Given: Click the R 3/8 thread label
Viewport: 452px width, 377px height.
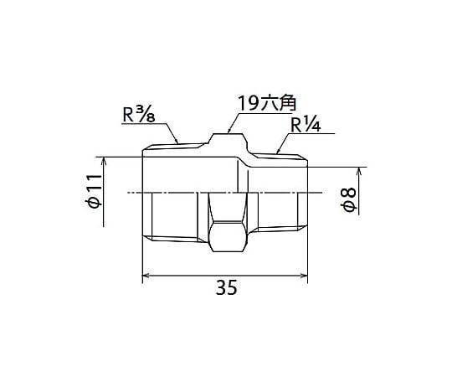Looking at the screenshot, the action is click(x=139, y=115).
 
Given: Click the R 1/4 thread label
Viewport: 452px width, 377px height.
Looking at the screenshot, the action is click(x=306, y=125).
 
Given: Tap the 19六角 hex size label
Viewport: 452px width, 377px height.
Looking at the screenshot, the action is click(x=267, y=103).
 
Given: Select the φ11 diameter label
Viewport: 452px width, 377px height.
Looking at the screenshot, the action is click(x=95, y=191).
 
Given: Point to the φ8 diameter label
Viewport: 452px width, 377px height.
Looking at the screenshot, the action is click(x=349, y=199).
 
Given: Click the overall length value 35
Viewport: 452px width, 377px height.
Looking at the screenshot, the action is click(x=226, y=287).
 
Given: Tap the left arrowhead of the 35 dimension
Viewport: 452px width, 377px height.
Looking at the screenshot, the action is click(x=146, y=276).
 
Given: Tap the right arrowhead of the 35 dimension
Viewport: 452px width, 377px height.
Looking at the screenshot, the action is click(x=304, y=276).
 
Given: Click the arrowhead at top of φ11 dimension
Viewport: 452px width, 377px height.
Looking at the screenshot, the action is click(x=104, y=160).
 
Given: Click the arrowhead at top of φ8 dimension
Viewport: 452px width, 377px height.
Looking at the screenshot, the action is click(x=359, y=171).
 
